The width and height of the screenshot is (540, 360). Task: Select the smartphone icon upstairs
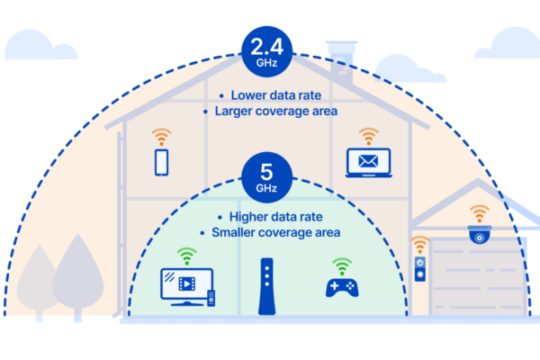(162, 162)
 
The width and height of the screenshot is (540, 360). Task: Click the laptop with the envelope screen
(367, 163)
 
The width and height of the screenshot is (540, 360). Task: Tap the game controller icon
(342, 287)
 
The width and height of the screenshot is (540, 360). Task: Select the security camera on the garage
(479, 235)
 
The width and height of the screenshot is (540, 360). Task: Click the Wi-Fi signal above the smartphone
(162, 138)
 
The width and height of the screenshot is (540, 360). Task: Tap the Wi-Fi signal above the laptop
(367, 137)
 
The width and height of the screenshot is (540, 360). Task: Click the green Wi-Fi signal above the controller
(341, 266)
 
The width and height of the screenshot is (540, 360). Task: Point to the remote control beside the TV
(211, 298)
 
